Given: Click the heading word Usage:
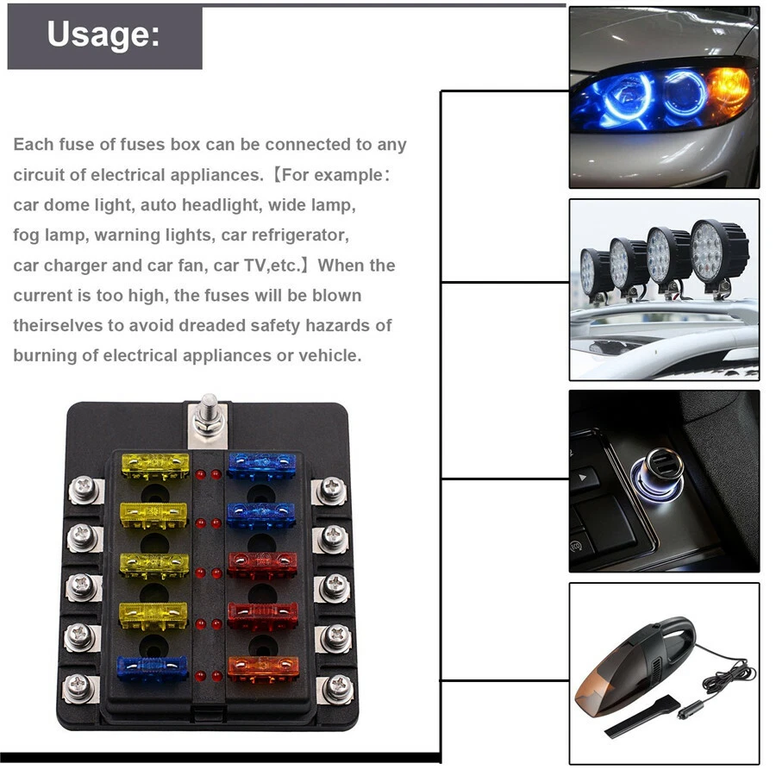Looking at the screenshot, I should pyautogui.click(x=103, y=34).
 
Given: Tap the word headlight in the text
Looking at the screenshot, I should pyautogui.click(x=216, y=205).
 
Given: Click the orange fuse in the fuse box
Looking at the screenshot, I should pyautogui.click(x=263, y=666).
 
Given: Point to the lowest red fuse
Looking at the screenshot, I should pyautogui.click(x=263, y=616).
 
